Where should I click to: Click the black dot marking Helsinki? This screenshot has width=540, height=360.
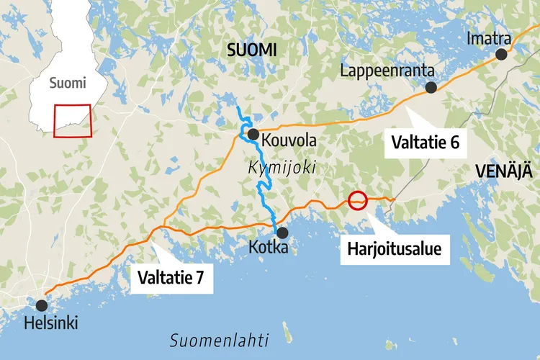[42, 305]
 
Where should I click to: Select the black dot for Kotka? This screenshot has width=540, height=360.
[282, 233]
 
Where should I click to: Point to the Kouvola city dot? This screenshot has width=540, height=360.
[253, 134]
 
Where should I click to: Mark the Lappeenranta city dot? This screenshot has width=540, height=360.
[431, 87]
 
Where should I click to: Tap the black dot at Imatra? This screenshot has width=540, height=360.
[500, 54]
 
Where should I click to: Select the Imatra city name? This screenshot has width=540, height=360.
[489, 37]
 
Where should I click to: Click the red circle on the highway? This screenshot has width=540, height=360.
[358, 200]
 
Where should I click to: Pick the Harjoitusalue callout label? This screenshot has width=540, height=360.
[394, 250]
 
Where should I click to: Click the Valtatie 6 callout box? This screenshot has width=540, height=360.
[425, 142]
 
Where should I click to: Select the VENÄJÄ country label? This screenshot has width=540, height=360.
[504, 171]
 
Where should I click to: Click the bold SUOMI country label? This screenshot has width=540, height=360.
[252, 49]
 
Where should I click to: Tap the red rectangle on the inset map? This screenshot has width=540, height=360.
[73, 120]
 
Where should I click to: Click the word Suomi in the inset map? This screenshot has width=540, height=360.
[68, 83]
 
